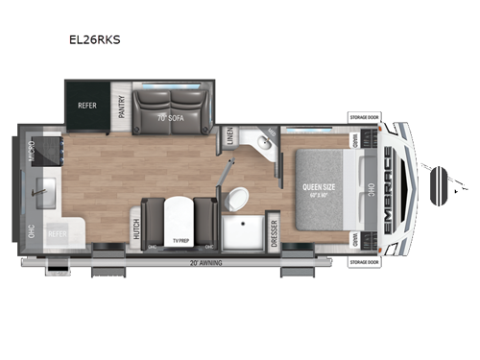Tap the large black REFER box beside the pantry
[x=86, y=107]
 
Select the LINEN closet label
[x=228, y=138]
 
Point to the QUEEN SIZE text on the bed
[x=318, y=186]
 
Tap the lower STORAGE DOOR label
[x=365, y=260]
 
